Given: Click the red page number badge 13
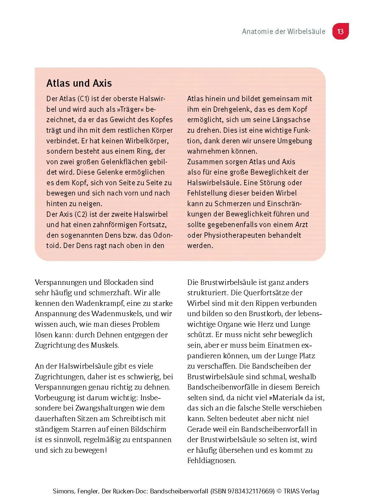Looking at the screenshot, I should (340, 31).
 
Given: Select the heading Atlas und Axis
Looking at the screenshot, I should (79, 83).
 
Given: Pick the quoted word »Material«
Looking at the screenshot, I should (286, 398).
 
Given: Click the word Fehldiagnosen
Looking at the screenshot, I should (211, 460).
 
